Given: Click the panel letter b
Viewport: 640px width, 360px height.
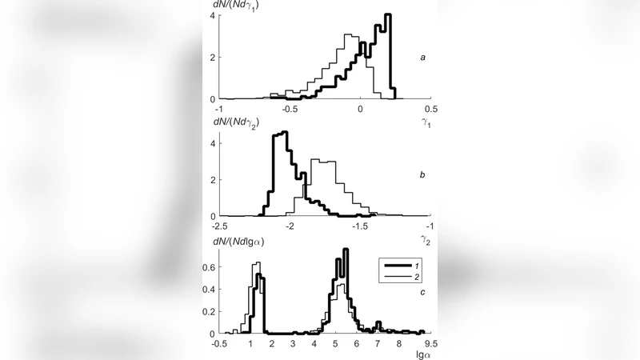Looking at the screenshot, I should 422,173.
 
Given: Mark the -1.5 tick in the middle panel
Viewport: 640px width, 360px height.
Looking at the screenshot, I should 360,226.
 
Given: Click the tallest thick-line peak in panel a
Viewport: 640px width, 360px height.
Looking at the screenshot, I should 388,15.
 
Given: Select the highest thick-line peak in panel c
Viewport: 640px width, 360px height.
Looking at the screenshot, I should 346,250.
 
